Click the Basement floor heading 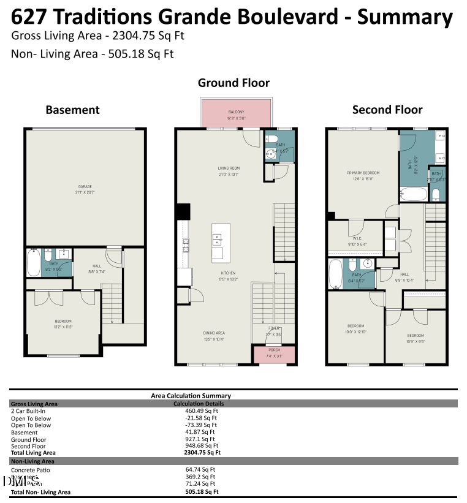pos(72,110)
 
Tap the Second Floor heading pos(387,110)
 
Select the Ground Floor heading pos(233,83)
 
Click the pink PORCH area pos(274,354)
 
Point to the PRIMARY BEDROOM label pos(363,176)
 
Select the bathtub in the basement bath pos(33,262)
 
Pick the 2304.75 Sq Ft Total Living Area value pos(202,453)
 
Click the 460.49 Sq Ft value pos(200,411)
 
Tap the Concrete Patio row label pos(31,470)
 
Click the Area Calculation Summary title pos(191,396)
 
